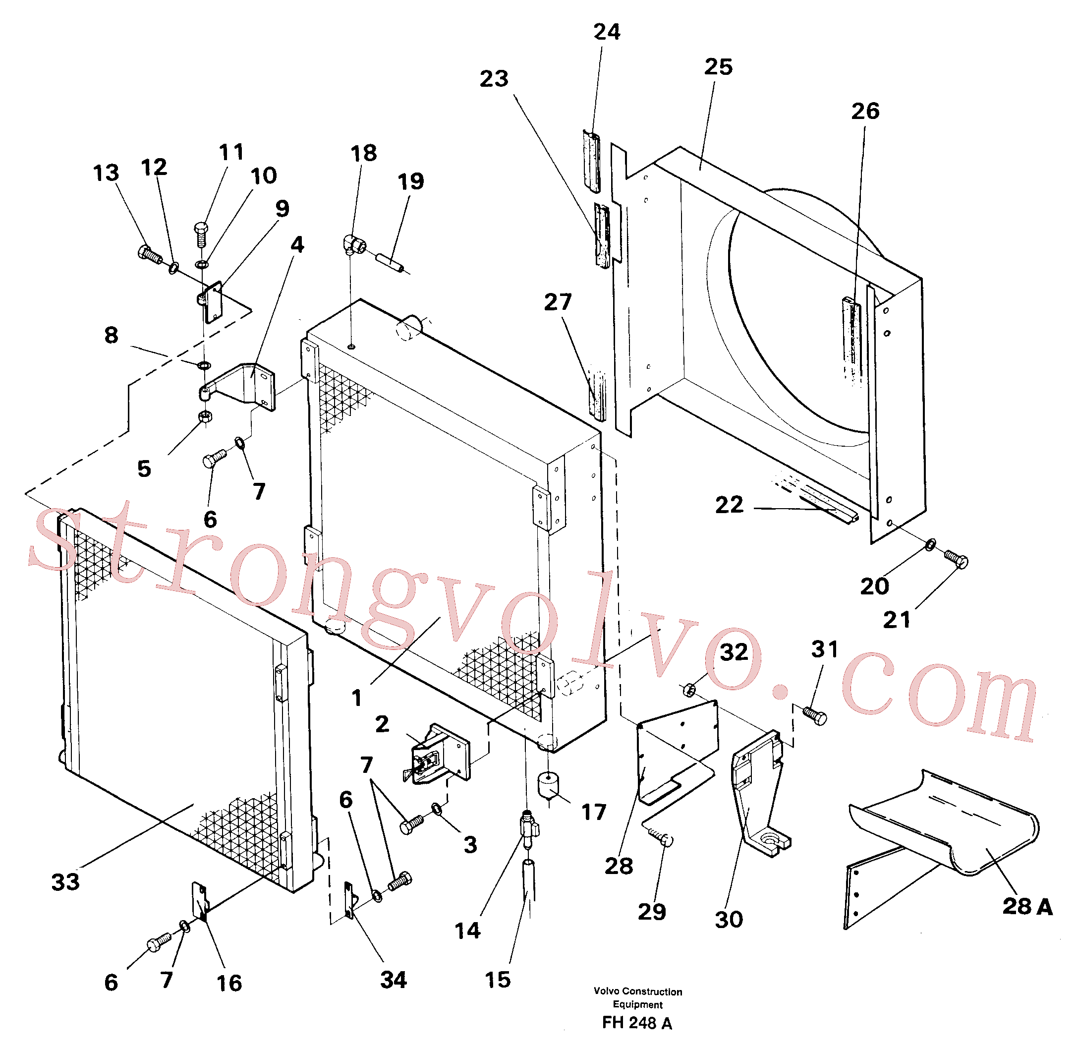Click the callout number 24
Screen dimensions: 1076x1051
607,32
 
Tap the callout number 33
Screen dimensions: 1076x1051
65,882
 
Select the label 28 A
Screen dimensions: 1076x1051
1027,907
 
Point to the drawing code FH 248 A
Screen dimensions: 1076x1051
637,1023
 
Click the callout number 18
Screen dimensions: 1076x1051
364,154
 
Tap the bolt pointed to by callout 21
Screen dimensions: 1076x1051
956,559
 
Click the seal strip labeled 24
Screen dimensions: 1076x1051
591,162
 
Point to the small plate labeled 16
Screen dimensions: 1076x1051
200,901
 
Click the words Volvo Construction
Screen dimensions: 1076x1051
637,992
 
